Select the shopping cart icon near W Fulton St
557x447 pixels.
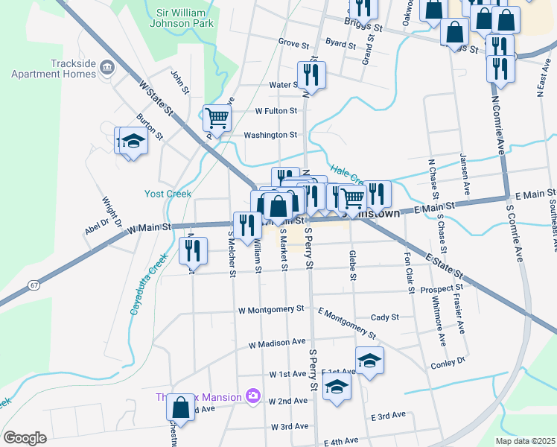[217, 117]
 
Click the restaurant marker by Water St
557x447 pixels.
[310, 74]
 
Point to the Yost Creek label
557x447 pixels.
[168, 194]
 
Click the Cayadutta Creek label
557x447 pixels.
[147, 283]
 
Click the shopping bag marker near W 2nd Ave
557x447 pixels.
[180, 408]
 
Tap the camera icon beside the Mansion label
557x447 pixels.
[253, 395]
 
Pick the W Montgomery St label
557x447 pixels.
[271, 308]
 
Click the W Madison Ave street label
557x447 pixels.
[277, 344]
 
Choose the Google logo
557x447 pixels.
[25, 438]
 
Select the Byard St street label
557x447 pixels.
[340, 44]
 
